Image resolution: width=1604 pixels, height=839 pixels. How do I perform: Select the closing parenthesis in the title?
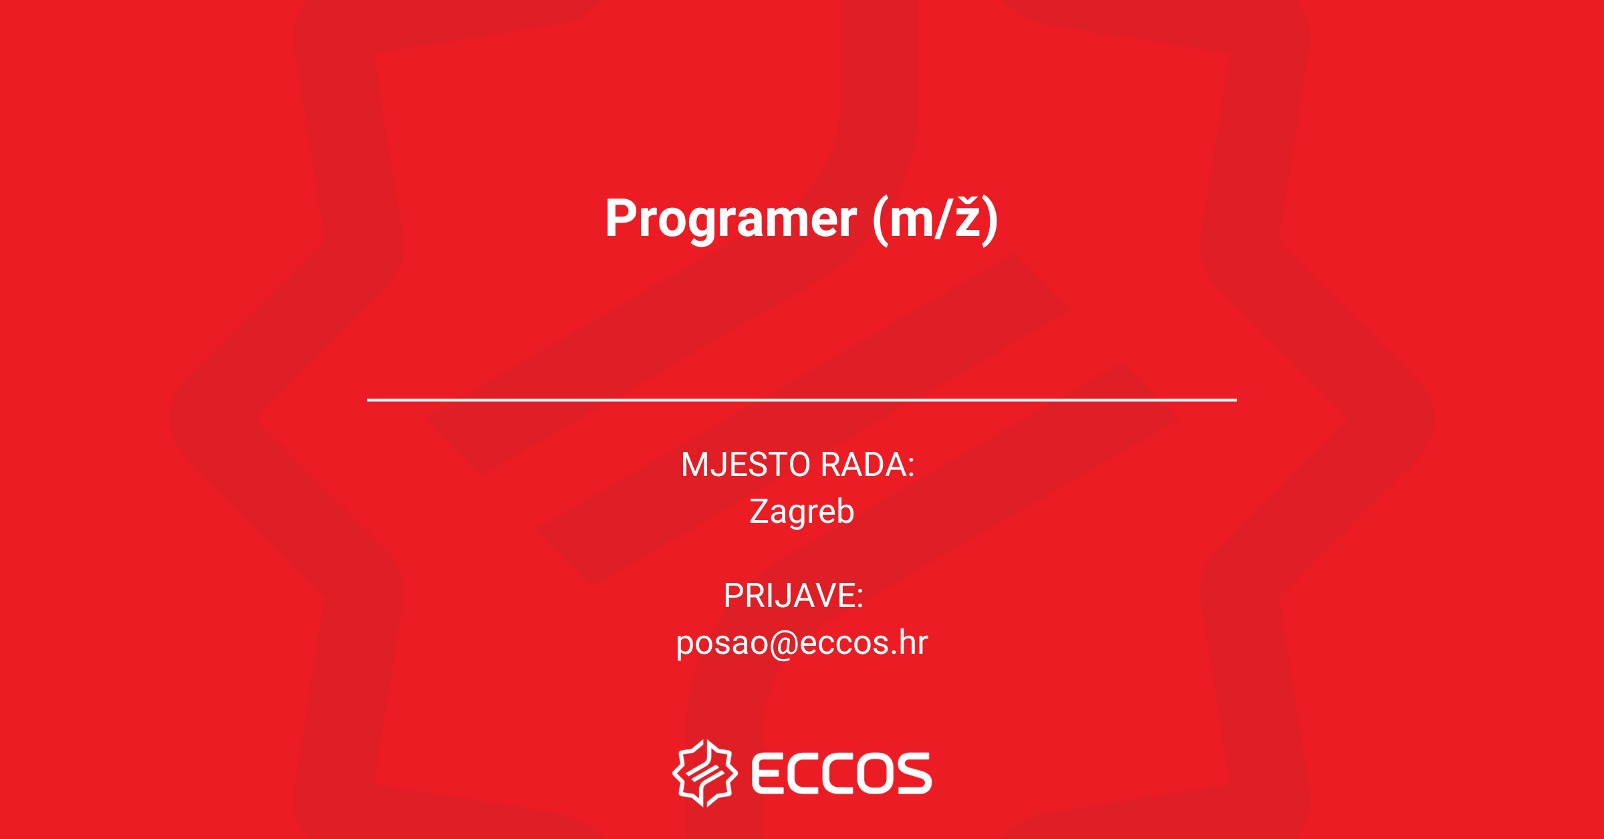click(990, 221)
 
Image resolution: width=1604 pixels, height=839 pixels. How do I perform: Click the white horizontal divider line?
click(802, 400)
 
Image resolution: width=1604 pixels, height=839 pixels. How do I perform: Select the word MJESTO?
click(746, 465)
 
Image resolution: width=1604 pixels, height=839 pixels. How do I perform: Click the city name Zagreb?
click(802, 512)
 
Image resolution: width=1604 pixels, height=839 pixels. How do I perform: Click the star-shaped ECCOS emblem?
click(705, 773)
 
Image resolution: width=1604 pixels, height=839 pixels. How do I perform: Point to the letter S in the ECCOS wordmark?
click(914, 773)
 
